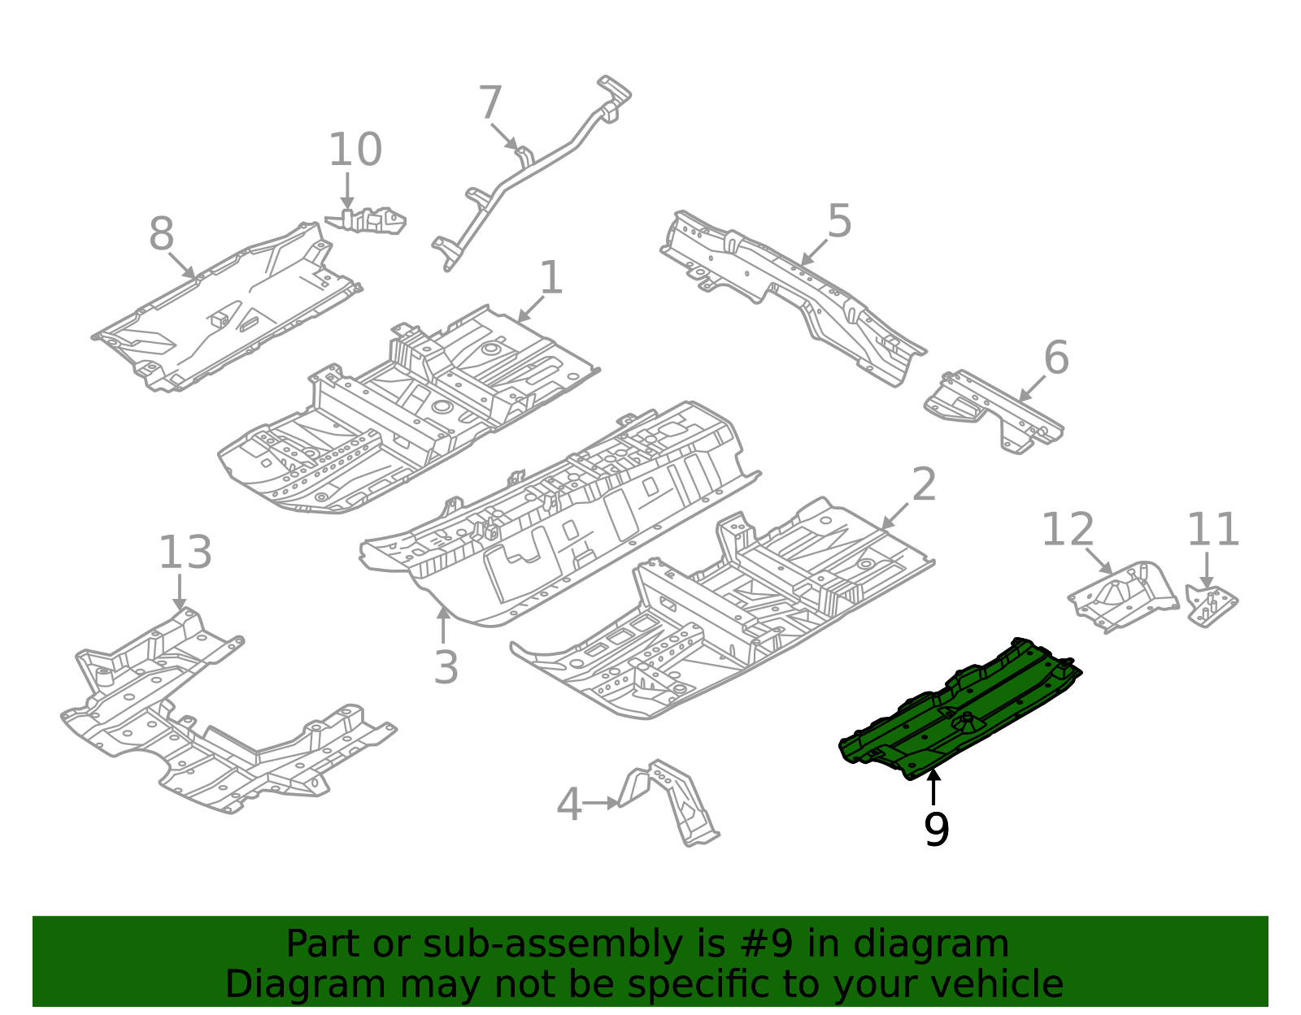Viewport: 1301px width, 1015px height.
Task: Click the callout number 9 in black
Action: [936, 830]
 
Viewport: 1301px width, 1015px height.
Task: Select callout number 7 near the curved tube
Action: [490, 104]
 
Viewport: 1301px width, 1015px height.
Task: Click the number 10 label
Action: [355, 150]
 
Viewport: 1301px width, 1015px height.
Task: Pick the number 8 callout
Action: [161, 235]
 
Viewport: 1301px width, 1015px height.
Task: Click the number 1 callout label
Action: [551, 279]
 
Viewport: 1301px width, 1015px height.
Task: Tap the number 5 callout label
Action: [839, 222]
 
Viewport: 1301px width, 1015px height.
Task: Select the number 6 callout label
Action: [1055, 358]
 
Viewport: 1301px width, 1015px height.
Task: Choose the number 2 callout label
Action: [924, 485]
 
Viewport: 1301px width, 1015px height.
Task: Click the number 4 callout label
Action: [569, 805]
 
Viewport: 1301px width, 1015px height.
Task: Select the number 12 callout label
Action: [1068, 530]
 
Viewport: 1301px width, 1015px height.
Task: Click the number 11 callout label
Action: [1212, 531]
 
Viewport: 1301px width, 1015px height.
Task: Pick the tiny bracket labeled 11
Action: [1210, 604]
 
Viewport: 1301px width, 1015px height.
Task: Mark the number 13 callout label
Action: [185, 553]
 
